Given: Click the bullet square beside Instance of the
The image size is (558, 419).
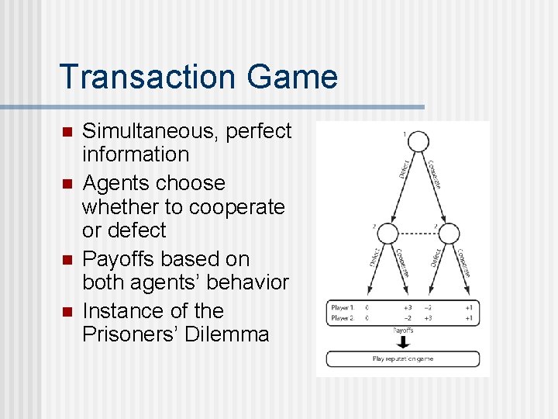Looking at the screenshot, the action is pyautogui.click(x=67, y=312).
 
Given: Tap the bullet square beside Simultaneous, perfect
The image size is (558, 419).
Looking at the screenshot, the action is pyautogui.click(x=67, y=132).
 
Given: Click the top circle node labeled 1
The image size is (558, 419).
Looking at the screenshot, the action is pyautogui.click(x=418, y=142).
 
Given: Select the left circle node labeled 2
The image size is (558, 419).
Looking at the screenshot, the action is pyautogui.click(x=387, y=233).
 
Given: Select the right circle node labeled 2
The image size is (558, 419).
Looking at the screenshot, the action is pyautogui.click(x=448, y=233).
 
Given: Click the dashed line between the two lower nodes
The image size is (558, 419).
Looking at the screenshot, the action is pyautogui.click(x=418, y=233).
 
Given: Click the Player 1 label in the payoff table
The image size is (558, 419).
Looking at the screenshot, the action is pyautogui.click(x=342, y=307).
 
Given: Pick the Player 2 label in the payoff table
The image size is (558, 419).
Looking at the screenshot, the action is pyautogui.click(x=342, y=318).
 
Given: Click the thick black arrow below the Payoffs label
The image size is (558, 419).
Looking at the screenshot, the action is pyautogui.click(x=403, y=341).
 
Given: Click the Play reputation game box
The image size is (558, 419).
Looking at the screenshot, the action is pyautogui.click(x=403, y=359).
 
